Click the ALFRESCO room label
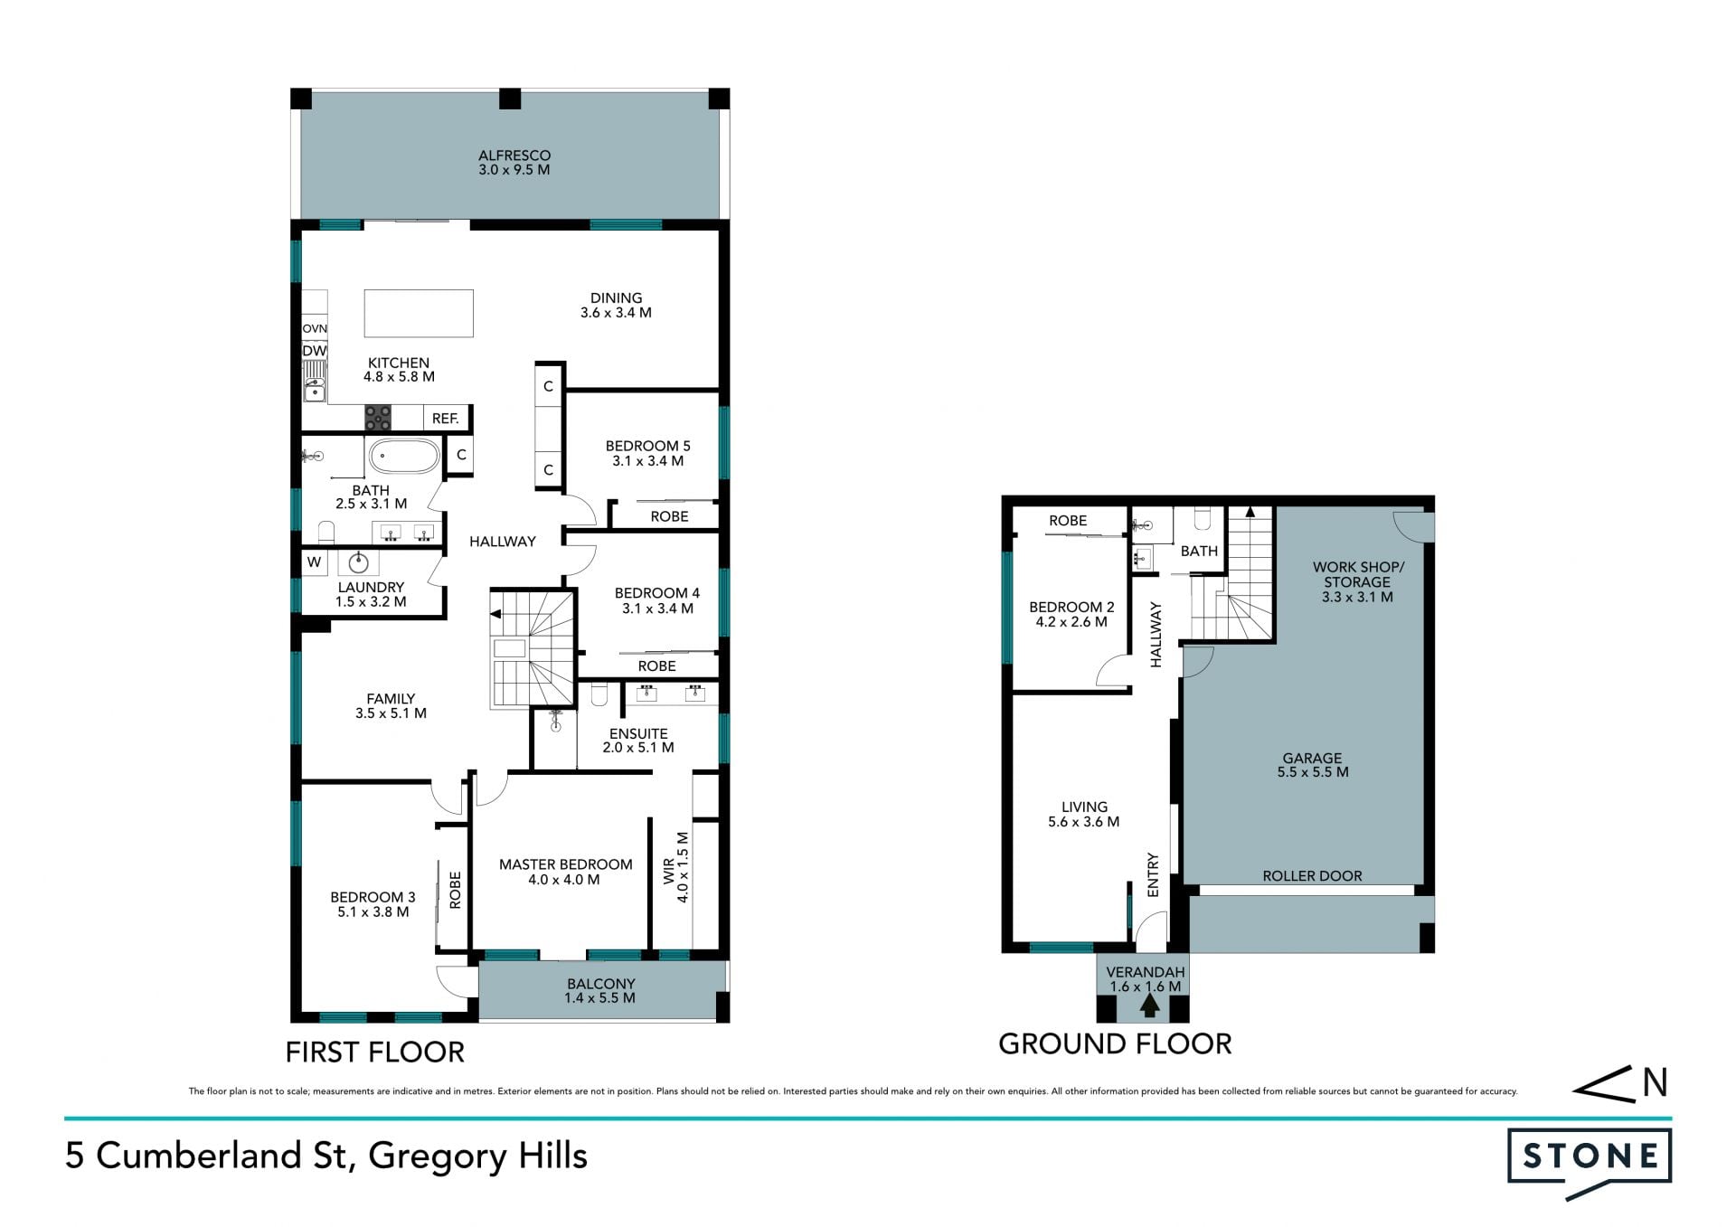(514, 156)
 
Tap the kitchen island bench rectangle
(419, 313)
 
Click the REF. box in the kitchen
(446, 419)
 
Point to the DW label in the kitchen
(315, 351)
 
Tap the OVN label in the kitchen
(315, 328)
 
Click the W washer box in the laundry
(314, 562)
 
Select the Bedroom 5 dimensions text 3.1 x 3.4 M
(647, 461)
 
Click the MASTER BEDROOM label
(566, 864)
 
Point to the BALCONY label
(601, 984)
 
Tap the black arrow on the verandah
(1150, 1005)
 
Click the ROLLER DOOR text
(1312, 876)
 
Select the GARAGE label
(1312, 759)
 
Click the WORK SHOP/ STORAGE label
(1358, 575)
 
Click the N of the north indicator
(1655, 1082)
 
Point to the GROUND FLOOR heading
(1115, 1044)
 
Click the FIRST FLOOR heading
(375, 1052)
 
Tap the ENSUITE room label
(638, 733)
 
